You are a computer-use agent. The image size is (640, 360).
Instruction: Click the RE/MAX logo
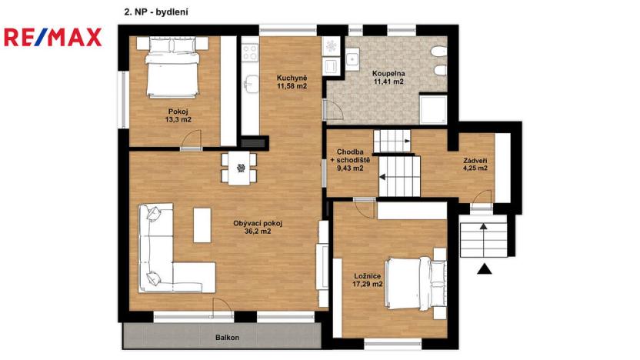52,37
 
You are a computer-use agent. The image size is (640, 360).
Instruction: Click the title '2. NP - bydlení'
156,12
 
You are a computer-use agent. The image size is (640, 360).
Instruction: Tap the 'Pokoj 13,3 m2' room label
179,115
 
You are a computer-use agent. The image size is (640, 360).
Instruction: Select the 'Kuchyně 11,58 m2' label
292,82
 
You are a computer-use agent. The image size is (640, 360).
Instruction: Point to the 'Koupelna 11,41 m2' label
388,77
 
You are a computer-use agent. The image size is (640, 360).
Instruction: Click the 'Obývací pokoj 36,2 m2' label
258,227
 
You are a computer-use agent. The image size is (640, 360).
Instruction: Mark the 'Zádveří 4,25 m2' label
475,165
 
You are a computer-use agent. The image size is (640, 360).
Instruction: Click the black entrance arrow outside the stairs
484,268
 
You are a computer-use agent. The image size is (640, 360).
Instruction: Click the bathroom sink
352,58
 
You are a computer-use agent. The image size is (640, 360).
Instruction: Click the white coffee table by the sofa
202,225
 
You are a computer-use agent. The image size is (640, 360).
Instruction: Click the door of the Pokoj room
191,140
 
